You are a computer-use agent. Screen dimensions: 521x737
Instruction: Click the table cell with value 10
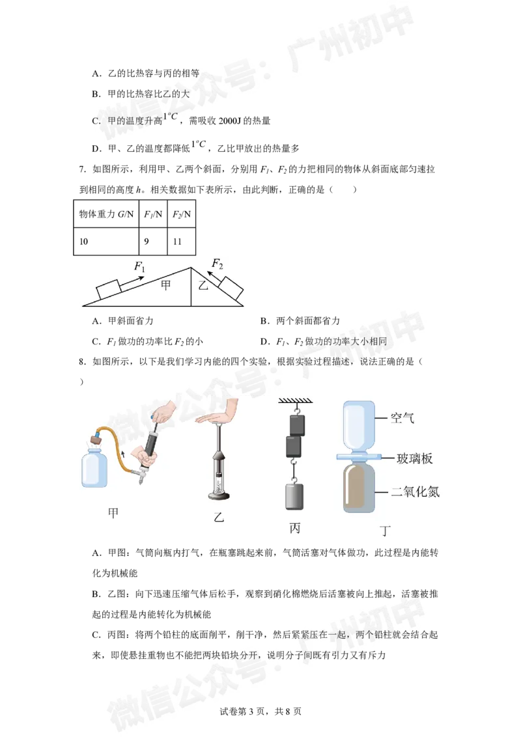[106, 242]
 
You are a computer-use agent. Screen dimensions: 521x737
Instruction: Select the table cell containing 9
[153, 242]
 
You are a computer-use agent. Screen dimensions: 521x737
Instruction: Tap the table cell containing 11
[182, 242]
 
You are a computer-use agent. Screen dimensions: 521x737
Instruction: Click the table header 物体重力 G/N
[106, 214]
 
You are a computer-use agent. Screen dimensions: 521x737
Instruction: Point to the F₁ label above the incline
[139, 266]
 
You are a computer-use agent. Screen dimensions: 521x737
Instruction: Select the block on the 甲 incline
[109, 288]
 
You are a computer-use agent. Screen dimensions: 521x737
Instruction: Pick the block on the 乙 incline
[231, 288]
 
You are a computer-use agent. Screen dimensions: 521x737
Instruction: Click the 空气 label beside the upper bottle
[402, 418]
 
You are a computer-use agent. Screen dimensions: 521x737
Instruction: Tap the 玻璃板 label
[414, 458]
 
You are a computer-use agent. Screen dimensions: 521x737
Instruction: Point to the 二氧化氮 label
[415, 492]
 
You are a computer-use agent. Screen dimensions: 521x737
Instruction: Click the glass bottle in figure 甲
[94, 467]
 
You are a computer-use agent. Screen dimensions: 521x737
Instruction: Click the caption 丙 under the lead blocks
[295, 528]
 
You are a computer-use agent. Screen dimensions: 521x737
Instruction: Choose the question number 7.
[82, 169]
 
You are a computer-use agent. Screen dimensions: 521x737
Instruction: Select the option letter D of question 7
[264, 342]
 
